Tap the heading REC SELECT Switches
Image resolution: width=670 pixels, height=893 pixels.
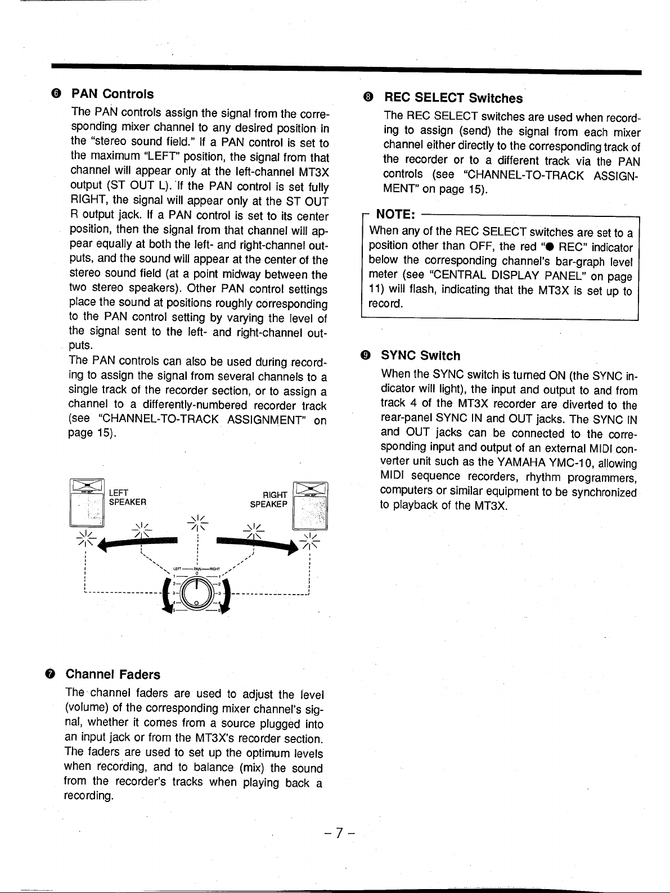pos(453,98)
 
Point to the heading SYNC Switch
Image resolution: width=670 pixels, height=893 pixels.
pos(421,356)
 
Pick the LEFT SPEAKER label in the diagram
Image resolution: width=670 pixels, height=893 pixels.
pos(127,497)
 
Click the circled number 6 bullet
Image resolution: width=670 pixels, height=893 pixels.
pos(55,94)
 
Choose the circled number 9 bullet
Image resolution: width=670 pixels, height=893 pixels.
pos(366,355)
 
